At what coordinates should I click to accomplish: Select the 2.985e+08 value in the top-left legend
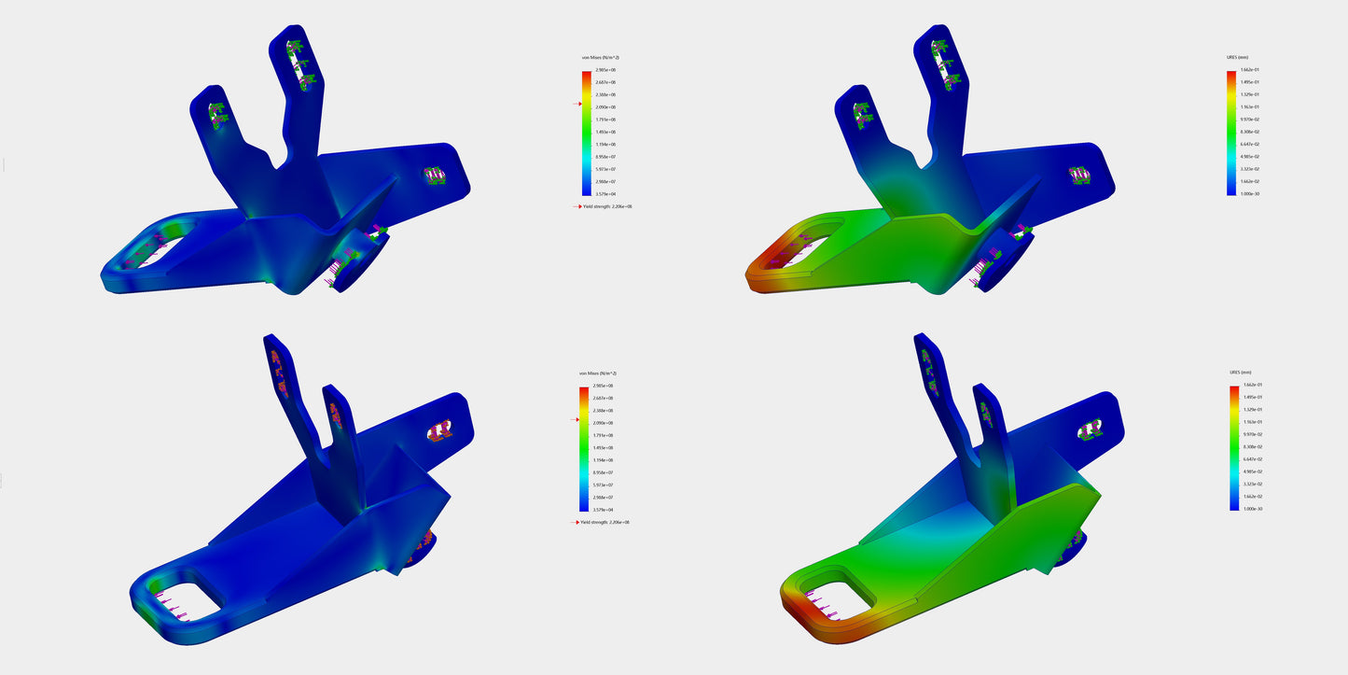(605, 70)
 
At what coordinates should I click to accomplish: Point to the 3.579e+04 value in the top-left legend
(605, 194)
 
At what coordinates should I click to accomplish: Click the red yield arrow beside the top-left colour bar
(577, 105)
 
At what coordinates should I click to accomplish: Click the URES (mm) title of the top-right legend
(1238, 58)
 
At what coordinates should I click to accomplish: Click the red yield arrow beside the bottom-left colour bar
(576, 421)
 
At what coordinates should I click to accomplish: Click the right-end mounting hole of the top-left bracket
(435, 175)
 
